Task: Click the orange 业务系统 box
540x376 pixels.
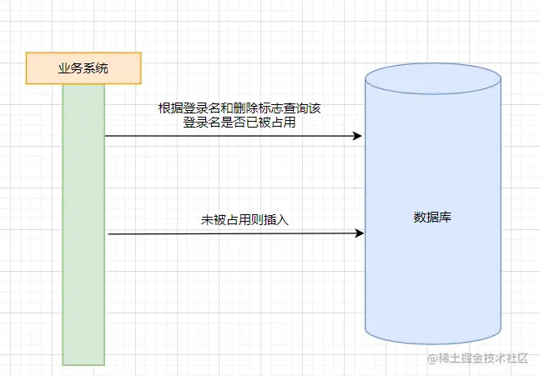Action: coord(83,68)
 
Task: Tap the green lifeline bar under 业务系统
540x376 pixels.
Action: coord(83,225)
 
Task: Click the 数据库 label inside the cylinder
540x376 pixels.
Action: coord(433,218)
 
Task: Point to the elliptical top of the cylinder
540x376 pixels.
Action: coord(433,79)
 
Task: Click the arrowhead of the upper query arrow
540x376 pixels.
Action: coord(358,136)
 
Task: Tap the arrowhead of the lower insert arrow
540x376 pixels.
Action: coord(360,233)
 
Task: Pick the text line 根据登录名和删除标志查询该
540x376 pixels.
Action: coord(250,108)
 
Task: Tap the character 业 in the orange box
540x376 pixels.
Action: coord(63,68)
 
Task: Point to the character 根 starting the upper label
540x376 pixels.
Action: coord(164,108)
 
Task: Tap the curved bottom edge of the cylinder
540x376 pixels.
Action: coord(433,343)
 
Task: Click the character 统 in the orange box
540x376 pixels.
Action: coord(102,68)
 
